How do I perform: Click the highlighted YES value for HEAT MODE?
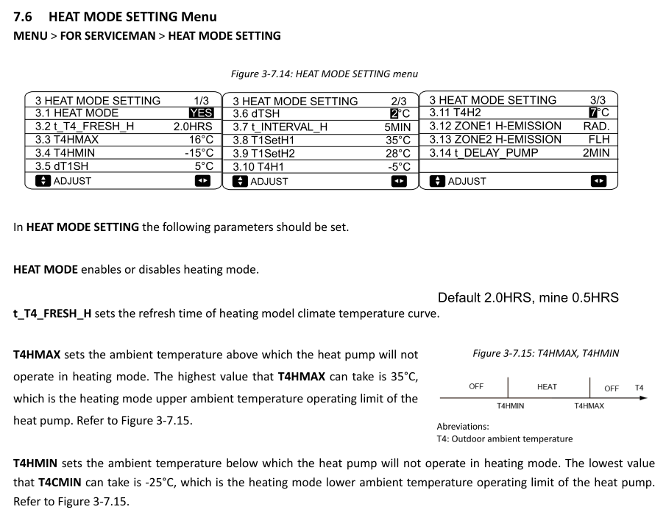click(201, 113)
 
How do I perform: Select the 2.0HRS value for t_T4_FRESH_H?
click(193, 127)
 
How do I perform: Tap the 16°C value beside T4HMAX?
click(200, 140)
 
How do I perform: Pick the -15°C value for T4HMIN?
click(198, 153)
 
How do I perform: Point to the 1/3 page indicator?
click(201, 101)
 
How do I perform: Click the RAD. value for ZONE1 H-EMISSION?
click(596, 126)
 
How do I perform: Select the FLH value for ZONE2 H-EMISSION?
click(599, 139)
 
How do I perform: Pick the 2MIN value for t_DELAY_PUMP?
click(596, 152)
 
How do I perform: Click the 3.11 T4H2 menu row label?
click(455, 113)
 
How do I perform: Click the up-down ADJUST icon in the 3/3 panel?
click(436, 180)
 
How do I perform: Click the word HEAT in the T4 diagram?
click(547, 386)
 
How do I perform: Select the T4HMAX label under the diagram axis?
click(589, 405)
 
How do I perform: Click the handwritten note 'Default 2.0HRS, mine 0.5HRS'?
click(528, 298)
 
